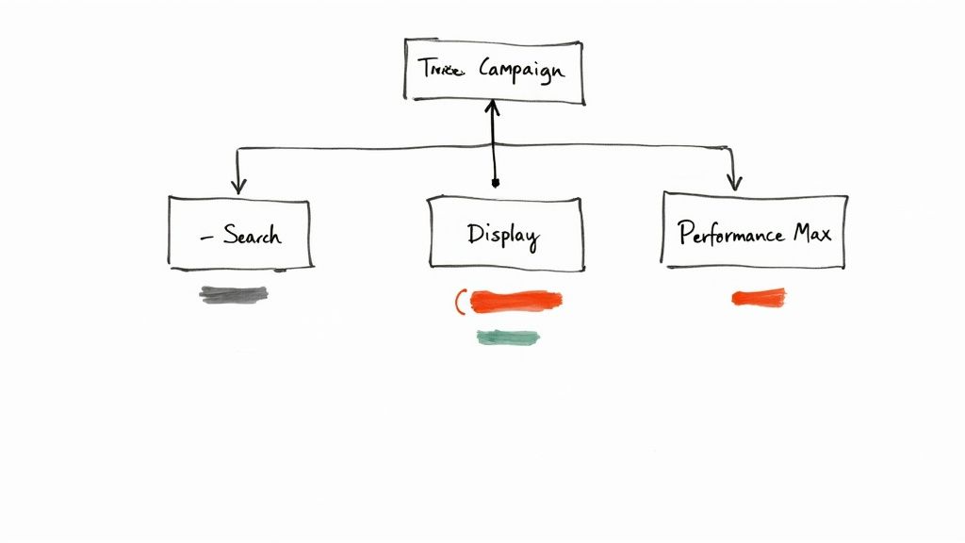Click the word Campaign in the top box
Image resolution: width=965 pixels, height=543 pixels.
tap(522, 71)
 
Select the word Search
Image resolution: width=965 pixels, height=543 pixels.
tap(252, 234)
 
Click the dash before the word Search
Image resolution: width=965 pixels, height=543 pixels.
tap(206, 236)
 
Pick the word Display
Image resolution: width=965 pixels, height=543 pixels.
tap(502, 234)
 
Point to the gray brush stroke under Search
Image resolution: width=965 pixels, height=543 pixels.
tap(234, 294)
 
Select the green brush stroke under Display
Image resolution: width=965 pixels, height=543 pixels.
tap(508, 337)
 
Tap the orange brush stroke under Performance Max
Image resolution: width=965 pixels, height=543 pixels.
tap(759, 298)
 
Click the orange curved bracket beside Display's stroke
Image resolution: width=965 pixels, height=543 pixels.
tap(459, 302)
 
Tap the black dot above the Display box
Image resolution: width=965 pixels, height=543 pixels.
tap(496, 183)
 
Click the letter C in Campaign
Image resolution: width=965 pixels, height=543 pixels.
tap(487, 69)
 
